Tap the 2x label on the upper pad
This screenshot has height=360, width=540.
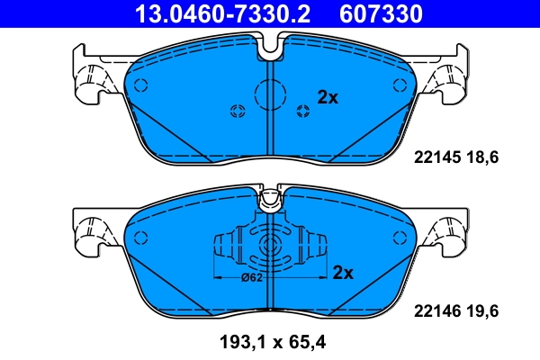(x=328, y=98)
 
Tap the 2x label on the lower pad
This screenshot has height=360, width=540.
(x=343, y=272)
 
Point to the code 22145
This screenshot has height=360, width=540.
(x=435, y=157)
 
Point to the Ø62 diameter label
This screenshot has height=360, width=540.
(x=252, y=277)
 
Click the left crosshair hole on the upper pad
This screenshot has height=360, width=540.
(x=238, y=111)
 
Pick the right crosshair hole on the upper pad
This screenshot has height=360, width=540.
(x=303, y=111)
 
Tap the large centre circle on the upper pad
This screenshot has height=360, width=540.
(x=270, y=94)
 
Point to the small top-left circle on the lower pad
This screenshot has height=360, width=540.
(x=139, y=238)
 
